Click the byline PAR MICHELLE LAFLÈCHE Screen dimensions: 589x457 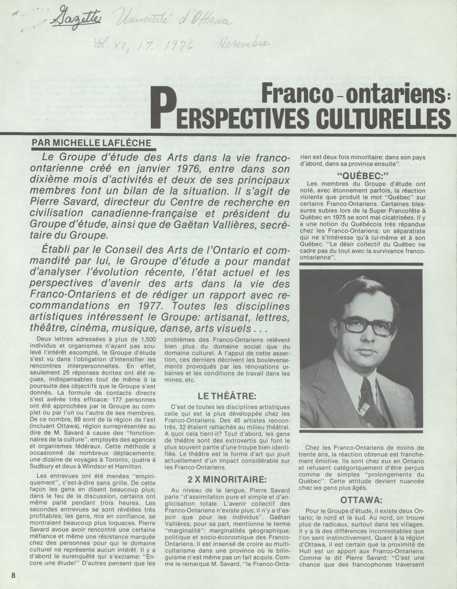tap(91, 143)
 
